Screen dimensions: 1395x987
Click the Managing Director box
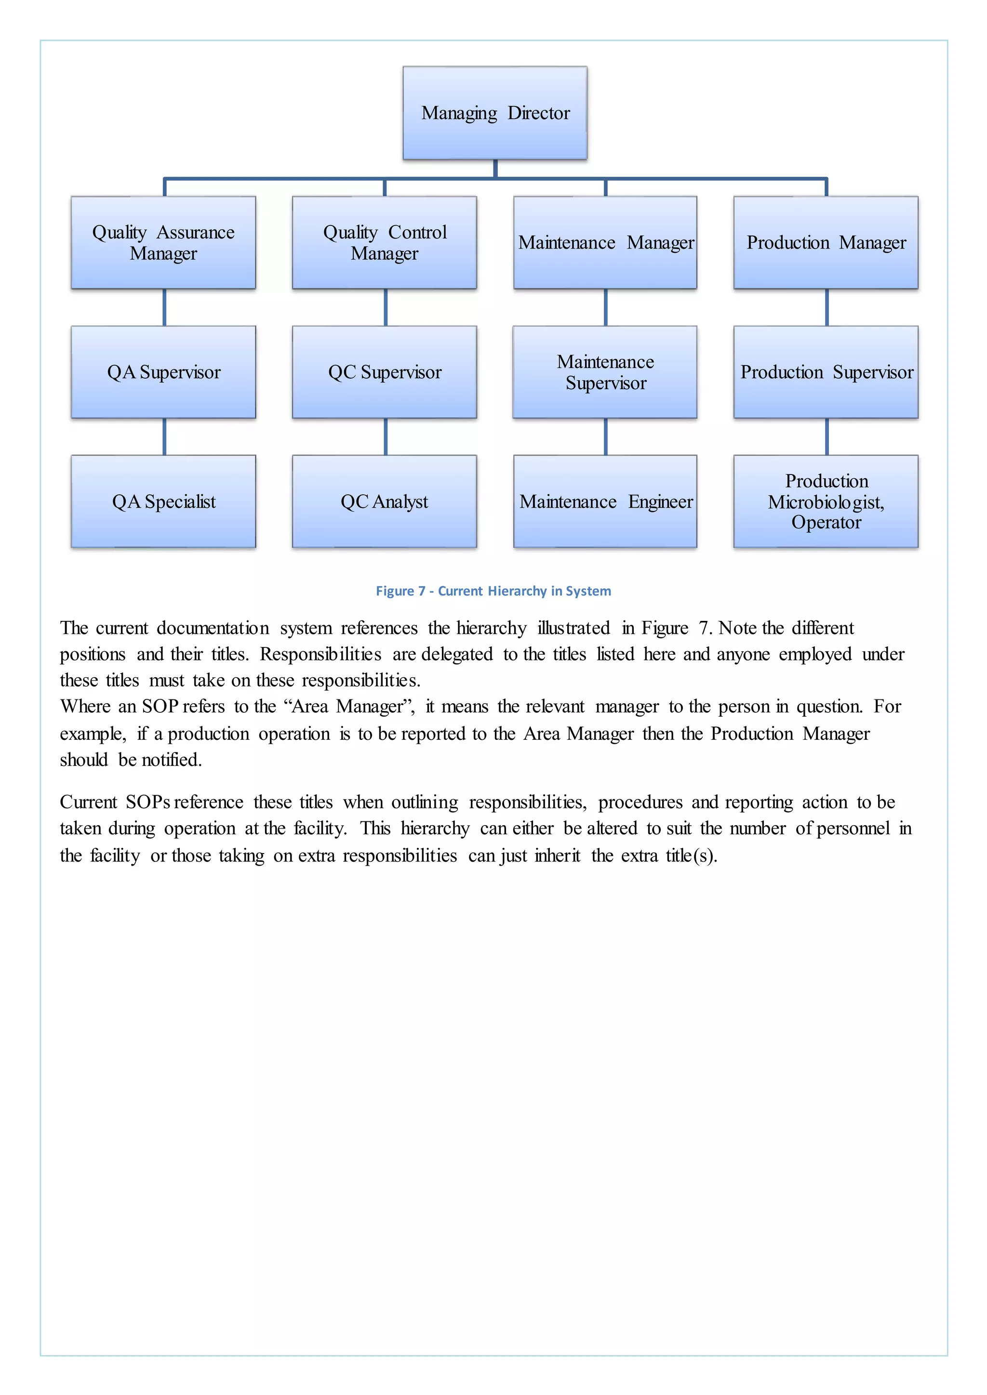495,113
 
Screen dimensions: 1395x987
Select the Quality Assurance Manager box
163,242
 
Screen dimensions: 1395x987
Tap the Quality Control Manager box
384,242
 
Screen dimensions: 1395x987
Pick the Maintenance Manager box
605,242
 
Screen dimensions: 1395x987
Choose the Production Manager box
826,242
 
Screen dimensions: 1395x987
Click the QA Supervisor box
163,372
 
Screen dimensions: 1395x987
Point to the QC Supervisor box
384,372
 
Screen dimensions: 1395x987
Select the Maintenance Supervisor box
605,372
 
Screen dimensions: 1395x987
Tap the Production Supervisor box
826,372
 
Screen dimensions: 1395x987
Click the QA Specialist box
163,501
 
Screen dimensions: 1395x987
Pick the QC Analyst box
384,501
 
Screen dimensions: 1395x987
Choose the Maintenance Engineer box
605,501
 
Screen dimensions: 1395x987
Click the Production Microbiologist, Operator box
826,501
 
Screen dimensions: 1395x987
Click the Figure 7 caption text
493,591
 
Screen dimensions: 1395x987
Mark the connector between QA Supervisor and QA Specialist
164,436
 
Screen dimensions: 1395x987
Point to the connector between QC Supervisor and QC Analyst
386,436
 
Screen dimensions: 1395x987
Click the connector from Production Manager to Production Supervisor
827,307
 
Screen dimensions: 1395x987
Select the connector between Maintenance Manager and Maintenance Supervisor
605,307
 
